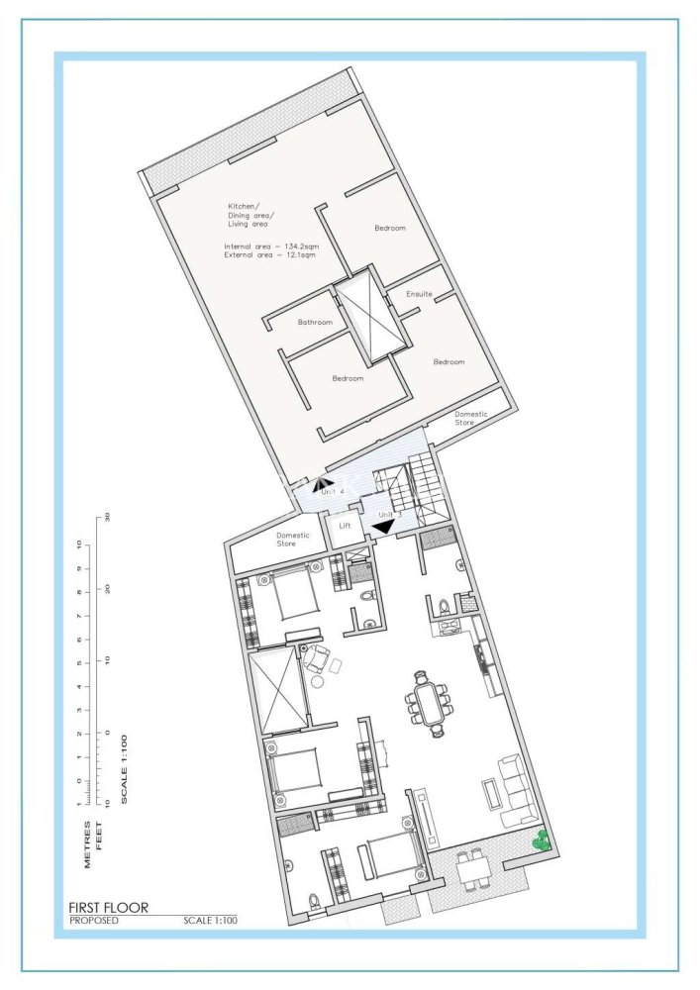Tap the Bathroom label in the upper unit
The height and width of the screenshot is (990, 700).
tap(315, 322)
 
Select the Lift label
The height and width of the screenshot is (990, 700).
tap(345, 526)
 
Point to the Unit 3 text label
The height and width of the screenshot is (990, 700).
tap(386, 515)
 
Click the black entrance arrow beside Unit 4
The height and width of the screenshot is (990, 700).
tap(322, 485)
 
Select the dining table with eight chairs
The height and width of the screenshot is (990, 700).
tap(429, 705)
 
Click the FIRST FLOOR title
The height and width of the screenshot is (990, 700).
tap(108, 907)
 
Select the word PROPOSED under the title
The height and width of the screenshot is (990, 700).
tap(93, 921)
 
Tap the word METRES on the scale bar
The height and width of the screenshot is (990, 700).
tap(87, 844)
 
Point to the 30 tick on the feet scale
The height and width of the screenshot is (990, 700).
tap(107, 517)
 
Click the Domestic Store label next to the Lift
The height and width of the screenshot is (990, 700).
tap(293, 540)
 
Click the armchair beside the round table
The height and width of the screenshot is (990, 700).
tap(317, 657)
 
